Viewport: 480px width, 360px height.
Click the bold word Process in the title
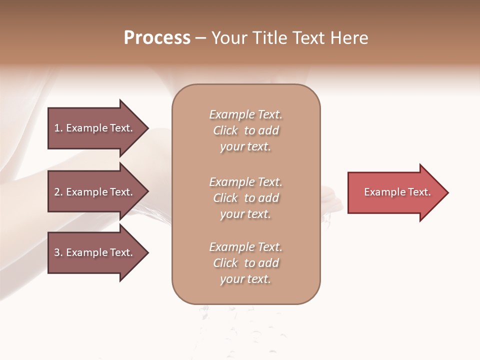pos(157,37)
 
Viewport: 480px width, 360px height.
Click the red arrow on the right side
pos(395,192)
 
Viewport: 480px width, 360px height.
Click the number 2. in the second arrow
pos(58,192)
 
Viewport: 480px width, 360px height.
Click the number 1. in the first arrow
pos(58,128)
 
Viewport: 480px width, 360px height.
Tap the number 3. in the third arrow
pos(58,252)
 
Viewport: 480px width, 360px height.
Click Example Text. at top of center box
pos(245,114)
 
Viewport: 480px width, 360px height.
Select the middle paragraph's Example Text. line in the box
pos(245,181)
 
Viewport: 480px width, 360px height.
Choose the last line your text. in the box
pos(245,279)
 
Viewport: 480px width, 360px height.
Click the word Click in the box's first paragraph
pos(225,130)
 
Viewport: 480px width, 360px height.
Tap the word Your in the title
pos(229,37)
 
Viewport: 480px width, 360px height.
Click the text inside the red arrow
pos(397,192)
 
